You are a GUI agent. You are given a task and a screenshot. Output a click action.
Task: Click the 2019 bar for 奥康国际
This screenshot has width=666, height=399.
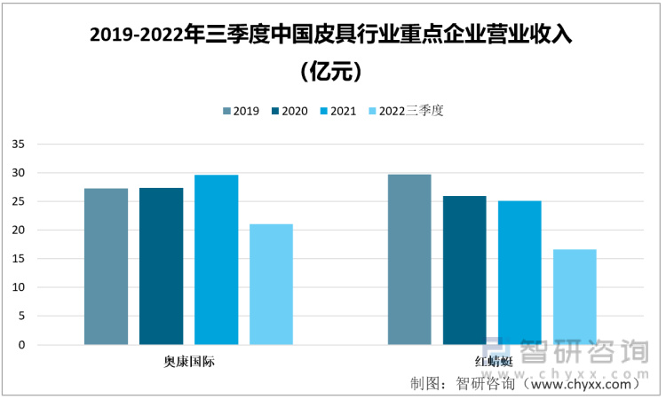click(106, 266)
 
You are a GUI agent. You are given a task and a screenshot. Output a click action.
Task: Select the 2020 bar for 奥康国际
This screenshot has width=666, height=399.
click(161, 266)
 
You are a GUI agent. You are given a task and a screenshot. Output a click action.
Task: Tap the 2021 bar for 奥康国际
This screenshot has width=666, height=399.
click(216, 259)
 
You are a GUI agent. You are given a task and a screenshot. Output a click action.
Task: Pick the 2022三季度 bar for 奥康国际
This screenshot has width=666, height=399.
click(271, 284)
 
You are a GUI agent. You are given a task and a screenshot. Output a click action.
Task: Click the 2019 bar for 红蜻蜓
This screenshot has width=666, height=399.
click(409, 259)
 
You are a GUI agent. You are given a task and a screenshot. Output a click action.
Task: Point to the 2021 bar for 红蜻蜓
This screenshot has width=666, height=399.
click(519, 272)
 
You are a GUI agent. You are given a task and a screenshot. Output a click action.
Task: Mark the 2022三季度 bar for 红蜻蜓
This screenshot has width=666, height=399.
click(575, 297)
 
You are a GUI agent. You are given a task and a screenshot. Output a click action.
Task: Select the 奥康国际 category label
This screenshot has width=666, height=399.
click(188, 362)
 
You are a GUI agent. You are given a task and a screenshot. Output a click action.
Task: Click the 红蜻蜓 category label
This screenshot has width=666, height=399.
click(492, 362)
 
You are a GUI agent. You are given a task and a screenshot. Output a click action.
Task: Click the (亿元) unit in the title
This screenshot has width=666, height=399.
click(332, 70)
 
